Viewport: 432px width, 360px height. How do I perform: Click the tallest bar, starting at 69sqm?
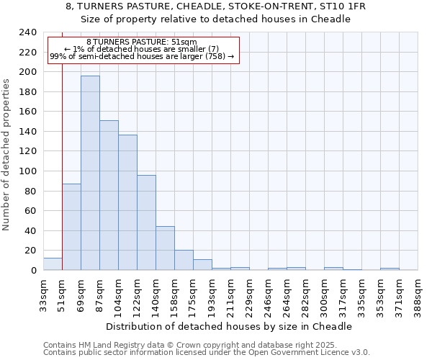tap(90, 173)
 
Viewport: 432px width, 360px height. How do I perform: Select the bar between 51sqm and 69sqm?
tap(71, 227)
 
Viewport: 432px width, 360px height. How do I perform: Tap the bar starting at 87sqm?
tap(109, 195)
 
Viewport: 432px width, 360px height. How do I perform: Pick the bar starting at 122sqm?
tap(146, 222)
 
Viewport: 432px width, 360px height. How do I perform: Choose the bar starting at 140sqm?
tap(165, 248)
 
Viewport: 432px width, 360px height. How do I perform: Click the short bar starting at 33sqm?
tap(53, 264)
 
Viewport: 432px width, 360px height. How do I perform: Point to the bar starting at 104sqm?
tap(127, 202)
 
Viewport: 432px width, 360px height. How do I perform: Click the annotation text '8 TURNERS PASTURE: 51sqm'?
tap(141, 42)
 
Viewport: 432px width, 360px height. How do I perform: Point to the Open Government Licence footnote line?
tap(207, 353)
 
